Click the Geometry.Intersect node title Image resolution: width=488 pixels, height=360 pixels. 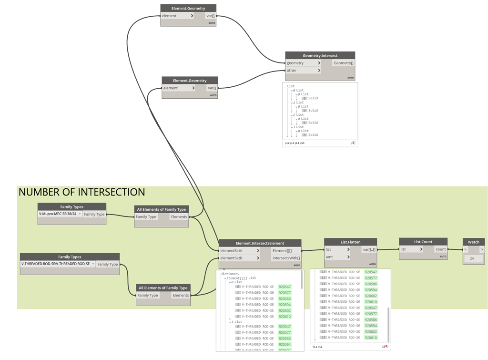click(320, 55)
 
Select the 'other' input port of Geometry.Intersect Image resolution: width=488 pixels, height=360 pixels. click(303, 71)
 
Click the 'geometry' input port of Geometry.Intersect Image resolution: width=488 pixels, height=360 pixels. click(303, 63)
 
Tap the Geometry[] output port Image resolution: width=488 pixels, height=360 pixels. click(343, 63)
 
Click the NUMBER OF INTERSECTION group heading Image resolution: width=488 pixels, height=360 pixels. click(81, 192)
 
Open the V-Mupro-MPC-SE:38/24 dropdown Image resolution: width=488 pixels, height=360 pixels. click(60, 214)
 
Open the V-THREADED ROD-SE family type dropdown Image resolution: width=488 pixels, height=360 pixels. click(58, 264)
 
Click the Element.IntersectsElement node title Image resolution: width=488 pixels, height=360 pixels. click(260, 243)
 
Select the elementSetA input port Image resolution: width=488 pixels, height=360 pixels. click(239, 251)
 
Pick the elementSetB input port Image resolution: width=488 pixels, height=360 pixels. click(239, 258)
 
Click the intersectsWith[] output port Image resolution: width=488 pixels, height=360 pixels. click(285, 258)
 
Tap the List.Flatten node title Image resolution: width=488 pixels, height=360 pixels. click(350, 242)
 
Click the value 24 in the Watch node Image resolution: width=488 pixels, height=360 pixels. click(472, 258)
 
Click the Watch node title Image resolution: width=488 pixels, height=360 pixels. click(474, 242)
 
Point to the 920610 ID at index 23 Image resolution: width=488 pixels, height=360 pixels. click(370, 338)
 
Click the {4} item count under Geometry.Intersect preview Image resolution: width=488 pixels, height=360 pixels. click(353, 143)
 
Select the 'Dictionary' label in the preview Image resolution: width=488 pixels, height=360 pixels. click(230, 274)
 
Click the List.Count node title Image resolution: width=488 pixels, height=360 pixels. click(423, 242)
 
